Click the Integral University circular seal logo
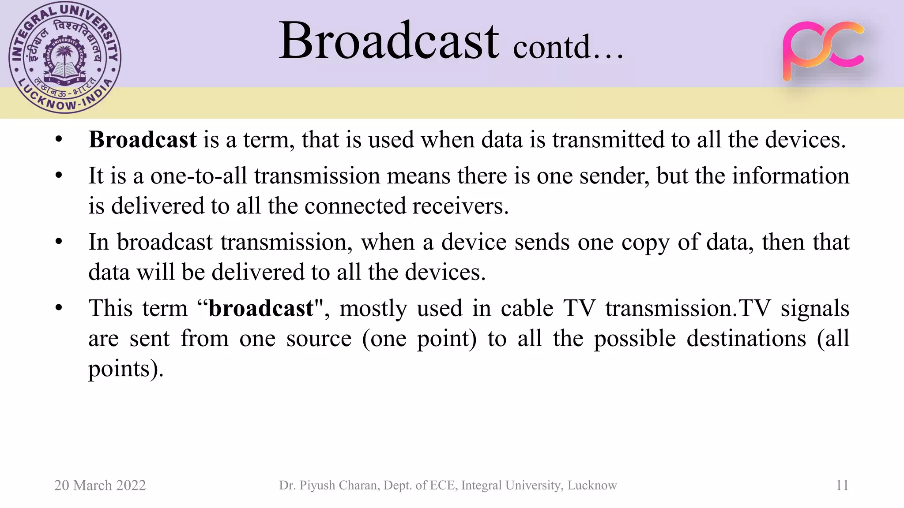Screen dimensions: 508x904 click(65, 58)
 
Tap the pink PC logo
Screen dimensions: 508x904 click(823, 50)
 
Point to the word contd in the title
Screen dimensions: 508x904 click(552, 47)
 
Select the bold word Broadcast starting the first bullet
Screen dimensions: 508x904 click(143, 140)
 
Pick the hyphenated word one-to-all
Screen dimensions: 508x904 click(198, 176)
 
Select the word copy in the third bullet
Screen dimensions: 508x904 click(645, 243)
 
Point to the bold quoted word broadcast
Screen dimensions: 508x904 click(261, 308)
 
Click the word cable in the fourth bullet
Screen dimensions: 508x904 click(527, 308)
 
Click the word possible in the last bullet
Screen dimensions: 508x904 click(635, 339)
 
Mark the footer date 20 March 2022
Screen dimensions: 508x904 click(100, 486)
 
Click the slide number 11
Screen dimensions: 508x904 click(842, 486)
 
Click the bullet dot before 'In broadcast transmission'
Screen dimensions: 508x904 click(59, 242)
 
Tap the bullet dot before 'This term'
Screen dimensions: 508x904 click(59, 308)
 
